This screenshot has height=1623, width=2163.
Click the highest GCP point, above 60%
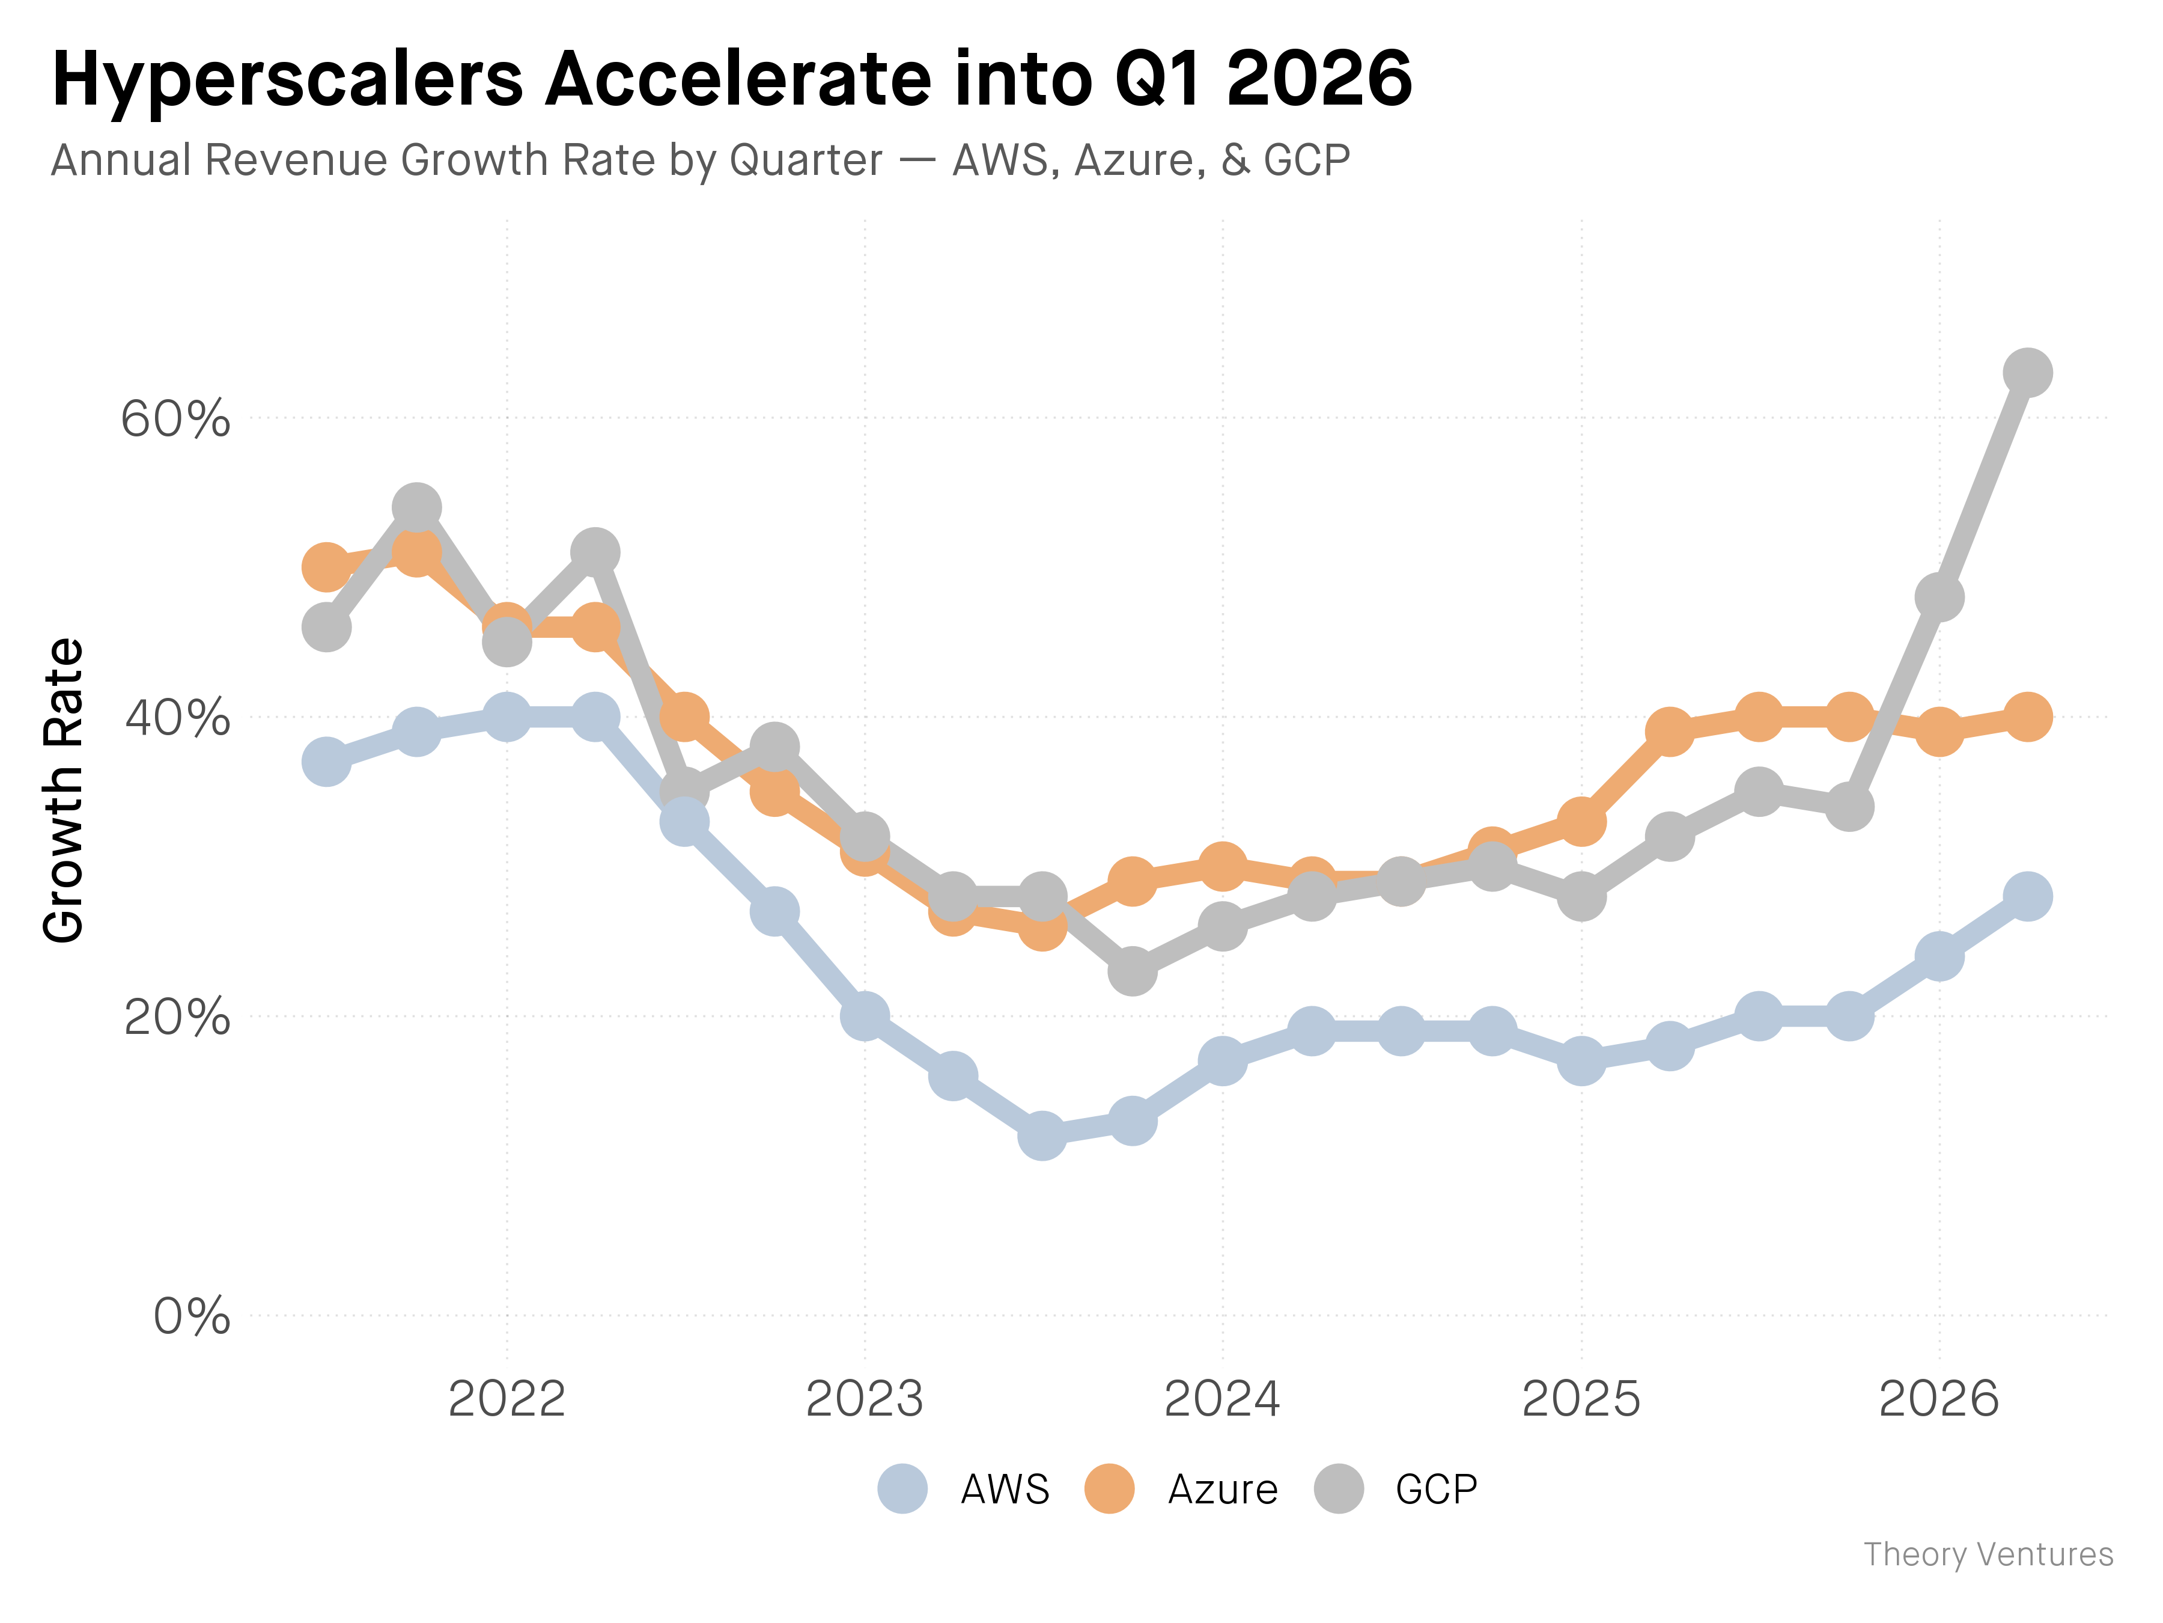(2027, 373)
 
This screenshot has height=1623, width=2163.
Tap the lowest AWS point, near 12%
(1042, 1136)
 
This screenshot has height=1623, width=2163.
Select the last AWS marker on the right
(2027, 896)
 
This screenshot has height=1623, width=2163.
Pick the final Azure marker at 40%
(2027, 717)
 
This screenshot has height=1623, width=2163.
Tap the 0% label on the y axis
(192, 1316)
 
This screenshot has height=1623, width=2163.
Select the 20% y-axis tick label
(176, 1018)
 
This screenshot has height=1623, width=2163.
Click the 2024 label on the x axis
(1221, 1399)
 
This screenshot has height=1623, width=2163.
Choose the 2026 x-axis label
(1939, 1399)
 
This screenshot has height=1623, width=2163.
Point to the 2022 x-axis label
(507, 1399)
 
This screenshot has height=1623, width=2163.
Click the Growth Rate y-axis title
(64, 790)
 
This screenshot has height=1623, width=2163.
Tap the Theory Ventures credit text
(1988, 1554)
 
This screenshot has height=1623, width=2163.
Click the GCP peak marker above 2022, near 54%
(416, 508)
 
